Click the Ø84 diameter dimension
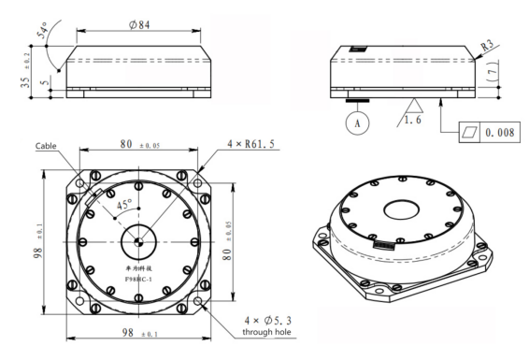coord(140,25)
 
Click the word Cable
coord(48,147)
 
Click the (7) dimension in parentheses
coord(493,72)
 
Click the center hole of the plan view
coord(138,242)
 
